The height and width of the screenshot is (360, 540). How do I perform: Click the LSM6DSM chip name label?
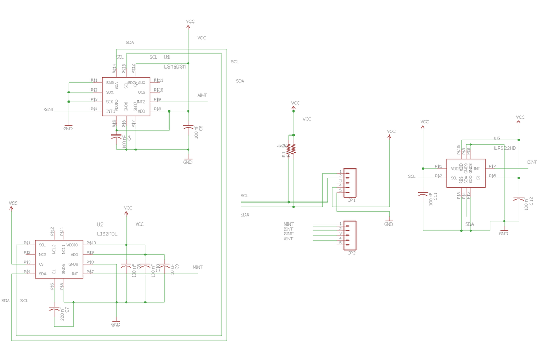(175, 67)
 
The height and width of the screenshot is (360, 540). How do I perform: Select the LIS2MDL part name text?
(107, 234)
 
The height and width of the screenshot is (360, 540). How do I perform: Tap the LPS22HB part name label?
(505, 148)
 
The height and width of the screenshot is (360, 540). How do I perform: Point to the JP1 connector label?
(352, 200)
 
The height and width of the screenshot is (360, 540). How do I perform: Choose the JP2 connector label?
(352, 253)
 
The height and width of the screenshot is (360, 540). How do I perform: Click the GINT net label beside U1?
(50, 110)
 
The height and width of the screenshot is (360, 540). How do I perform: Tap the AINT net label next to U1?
(202, 95)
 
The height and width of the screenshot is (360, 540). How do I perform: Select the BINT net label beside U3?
(532, 163)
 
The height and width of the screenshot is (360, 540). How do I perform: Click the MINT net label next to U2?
(197, 267)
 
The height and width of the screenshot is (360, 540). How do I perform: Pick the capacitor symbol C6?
(188, 127)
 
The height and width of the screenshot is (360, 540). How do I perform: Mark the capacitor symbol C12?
(519, 198)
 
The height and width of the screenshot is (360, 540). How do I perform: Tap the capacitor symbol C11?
(423, 194)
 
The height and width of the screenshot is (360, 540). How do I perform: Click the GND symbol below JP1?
(388, 221)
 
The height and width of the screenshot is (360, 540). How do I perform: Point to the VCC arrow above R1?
(295, 105)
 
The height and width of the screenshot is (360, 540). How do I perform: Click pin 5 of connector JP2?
(341, 243)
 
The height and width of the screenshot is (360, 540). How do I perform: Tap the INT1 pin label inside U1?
(110, 111)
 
